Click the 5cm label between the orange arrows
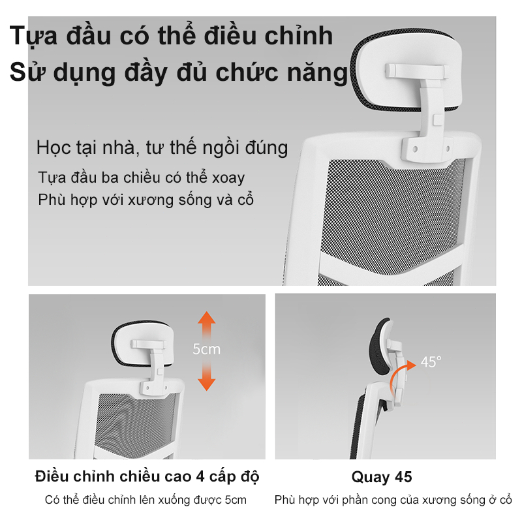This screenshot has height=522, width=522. point(206,349)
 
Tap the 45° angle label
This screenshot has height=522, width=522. point(431,362)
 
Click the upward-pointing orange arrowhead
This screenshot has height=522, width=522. point(206,318)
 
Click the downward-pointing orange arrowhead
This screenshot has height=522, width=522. point(206,384)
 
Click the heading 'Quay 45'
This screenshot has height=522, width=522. point(382,477)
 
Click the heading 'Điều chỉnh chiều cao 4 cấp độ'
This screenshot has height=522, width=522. point(147,477)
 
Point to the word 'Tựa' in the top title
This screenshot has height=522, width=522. point(34,37)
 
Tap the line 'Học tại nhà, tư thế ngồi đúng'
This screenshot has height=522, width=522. point(162,147)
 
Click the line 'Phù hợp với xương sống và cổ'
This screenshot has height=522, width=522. point(146,200)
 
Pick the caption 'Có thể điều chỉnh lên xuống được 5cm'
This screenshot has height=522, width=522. point(146,500)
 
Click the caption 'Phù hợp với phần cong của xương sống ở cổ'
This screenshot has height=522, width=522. point(393,500)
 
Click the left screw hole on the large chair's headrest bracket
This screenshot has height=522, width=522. point(415,149)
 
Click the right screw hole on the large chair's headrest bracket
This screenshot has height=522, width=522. point(448,148)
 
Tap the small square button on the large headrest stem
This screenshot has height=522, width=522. point(438,120)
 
